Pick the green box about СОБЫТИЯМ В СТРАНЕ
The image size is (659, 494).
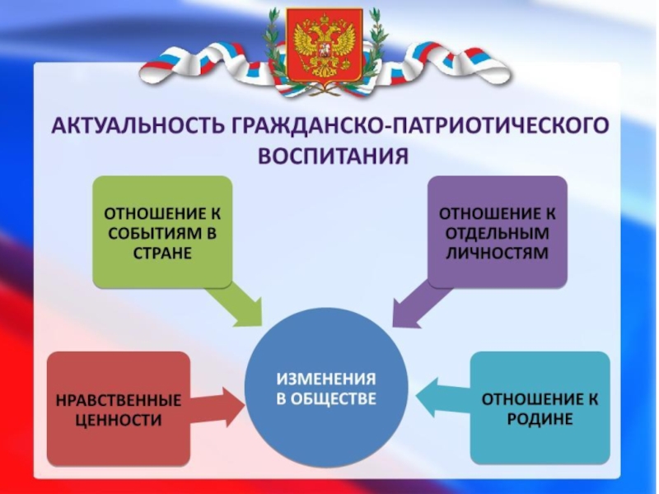pyautogui.click(x=161, y=231)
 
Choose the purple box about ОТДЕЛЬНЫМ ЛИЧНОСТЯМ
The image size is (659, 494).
pyautogui.click(x=496, y=231)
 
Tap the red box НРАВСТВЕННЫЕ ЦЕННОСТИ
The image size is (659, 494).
pyautogui.click(x=118, y=408)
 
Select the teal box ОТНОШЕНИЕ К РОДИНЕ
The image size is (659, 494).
pyautogui.click(x=540, y=408)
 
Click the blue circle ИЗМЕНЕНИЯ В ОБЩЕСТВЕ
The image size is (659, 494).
pyautogui.click(x=326, y=388)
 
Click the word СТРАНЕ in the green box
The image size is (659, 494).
pyautogui.click(x=161, y=253)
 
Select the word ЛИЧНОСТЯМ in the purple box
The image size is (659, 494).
pyautogui.click(x=496, y=253)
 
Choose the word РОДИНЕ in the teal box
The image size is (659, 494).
pyautogui.click(x=540, y=419)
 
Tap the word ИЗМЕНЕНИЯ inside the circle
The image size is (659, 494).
pyautogui.click(x=326, y=380)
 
